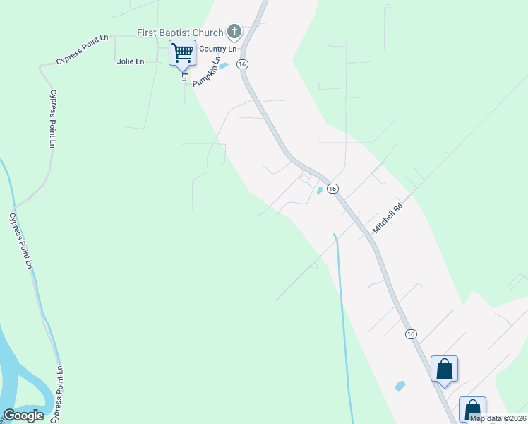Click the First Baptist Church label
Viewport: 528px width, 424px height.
point(179,32)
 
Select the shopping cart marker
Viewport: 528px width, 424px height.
point(182,52)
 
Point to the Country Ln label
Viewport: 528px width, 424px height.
point(217,49)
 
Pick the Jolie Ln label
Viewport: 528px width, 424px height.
point(130,61)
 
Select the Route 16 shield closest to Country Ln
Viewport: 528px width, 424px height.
point(242,64)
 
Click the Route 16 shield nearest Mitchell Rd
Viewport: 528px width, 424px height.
point(333,189)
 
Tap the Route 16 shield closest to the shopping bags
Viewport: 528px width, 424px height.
point(411,334)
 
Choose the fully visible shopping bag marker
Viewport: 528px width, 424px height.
point(444,368)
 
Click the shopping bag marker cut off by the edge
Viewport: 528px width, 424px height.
point(472,409)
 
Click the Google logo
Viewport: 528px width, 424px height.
point(24,416)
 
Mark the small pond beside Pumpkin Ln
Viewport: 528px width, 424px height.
point(224,66)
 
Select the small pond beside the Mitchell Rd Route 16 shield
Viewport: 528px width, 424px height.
point(319,190)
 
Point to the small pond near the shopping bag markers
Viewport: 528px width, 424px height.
point(400,386)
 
